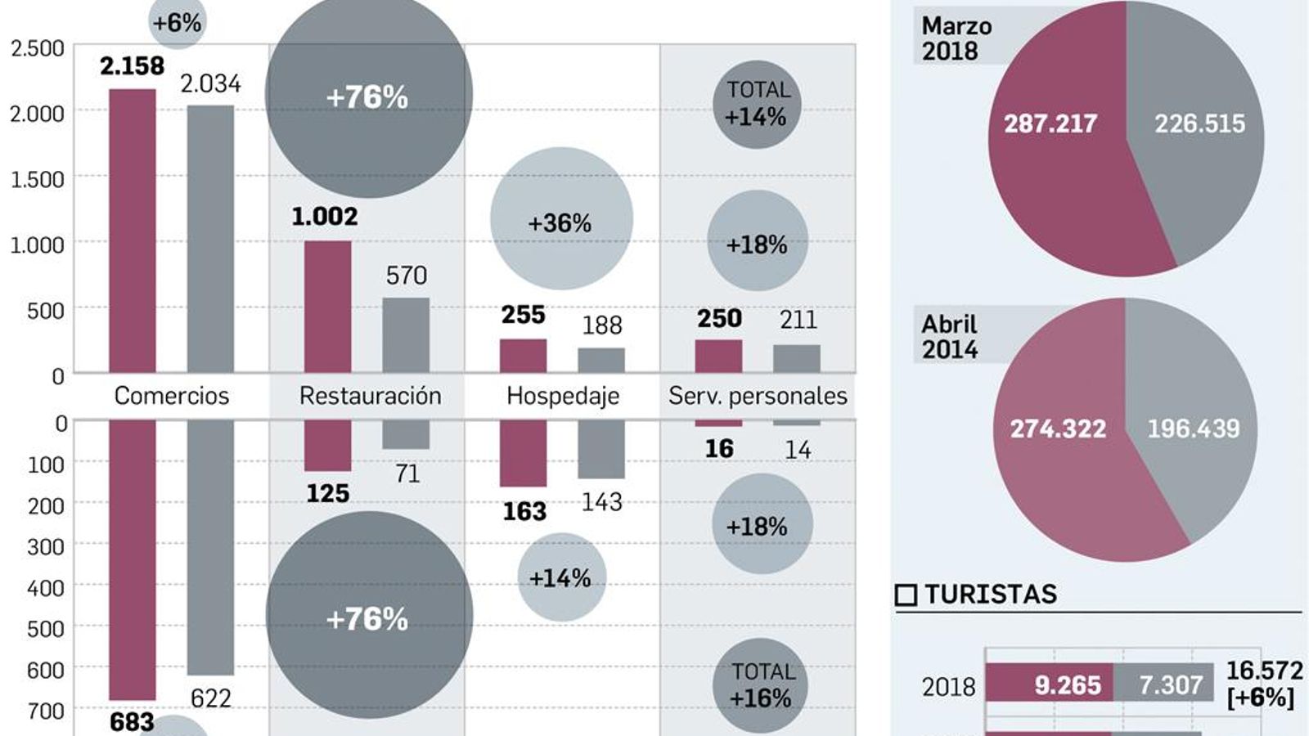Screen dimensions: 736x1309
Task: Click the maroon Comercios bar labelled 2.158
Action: click(132, 231)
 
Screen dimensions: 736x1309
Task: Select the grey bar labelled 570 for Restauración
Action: click(406, 335)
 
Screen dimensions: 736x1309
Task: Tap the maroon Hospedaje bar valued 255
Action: click(523, 356)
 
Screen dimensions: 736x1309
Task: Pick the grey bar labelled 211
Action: click(797, 358)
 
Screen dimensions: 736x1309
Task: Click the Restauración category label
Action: click(370, 396)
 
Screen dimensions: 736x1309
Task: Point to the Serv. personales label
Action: click(758, 396)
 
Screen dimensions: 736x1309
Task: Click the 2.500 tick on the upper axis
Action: click(37, 48)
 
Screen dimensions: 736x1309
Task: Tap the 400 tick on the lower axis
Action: click(46, 587)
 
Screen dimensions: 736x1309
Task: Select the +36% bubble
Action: click(561, 219)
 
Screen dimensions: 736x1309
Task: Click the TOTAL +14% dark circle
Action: click(757, 105)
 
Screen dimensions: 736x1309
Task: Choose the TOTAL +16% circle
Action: click(760, 685)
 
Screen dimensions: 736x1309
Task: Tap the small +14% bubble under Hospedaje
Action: click(561, 577)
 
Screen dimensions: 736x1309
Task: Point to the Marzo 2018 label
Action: click(956, 38)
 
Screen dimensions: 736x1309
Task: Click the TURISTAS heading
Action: click(990, 594)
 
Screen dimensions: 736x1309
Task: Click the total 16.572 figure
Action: click(1263, 671)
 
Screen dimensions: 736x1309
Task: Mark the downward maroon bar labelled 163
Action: click(523, 453)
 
